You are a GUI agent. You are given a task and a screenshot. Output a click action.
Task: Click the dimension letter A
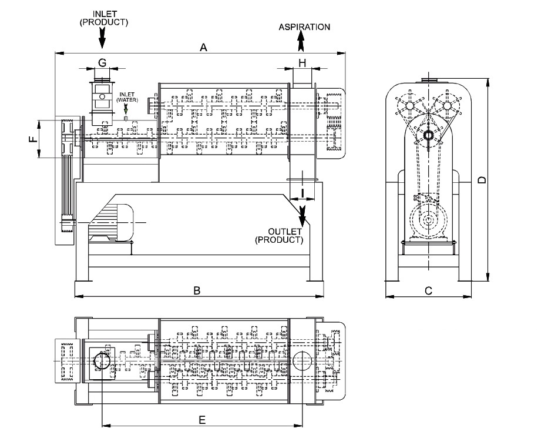(203, 47)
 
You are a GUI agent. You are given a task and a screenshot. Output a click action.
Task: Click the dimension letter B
(197, 290)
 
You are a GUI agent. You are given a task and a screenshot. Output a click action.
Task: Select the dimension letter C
(428, 290)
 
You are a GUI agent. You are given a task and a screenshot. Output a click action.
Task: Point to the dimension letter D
(482, 180)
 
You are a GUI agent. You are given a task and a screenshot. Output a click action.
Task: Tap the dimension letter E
(202, 420)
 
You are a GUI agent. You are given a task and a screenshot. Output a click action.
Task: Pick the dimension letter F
(33, 139)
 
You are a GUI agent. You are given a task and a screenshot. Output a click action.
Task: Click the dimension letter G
(102, 63)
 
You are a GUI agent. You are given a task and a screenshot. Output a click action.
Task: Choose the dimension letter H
(302, 63)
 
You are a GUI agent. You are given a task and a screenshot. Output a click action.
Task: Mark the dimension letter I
(302, 193)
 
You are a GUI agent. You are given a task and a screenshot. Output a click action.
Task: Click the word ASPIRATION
(304, 27)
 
